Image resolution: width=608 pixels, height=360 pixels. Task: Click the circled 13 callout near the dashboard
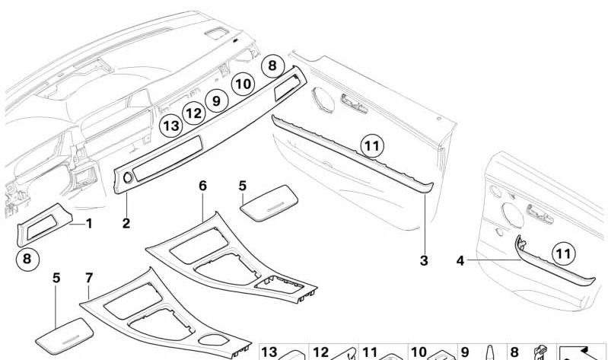[171, 126]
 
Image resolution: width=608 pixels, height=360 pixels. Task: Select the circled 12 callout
[194, 113]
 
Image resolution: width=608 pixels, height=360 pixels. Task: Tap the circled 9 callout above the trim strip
[216, 101]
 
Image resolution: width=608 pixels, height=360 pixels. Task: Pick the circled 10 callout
[244, 84]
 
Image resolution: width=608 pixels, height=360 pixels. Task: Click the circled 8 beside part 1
[27, 259]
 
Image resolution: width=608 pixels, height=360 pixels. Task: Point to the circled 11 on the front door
[372, 146]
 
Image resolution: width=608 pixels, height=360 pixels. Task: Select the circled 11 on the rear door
[563, 254]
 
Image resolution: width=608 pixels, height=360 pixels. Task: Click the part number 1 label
[89, 224]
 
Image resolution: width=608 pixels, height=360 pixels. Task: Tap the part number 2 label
[126, 224]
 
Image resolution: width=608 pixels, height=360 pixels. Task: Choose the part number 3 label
[424, 261]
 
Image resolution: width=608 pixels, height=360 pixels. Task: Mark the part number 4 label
[460, 261]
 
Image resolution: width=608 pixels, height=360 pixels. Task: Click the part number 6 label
[203, 186]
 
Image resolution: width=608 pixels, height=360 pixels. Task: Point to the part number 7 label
[89, 278]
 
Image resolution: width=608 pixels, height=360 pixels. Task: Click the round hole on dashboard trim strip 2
[128, 178]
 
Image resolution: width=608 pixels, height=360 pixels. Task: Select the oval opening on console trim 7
[213, 339]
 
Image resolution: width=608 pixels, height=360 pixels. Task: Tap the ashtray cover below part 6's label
[269, 203]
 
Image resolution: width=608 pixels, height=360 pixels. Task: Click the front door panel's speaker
[323, 100]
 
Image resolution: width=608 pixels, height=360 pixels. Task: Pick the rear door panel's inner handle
[540, 214]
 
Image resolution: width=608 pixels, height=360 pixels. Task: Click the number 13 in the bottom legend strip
[269, 352]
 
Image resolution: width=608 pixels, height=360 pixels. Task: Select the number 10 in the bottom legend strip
[419, 352]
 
